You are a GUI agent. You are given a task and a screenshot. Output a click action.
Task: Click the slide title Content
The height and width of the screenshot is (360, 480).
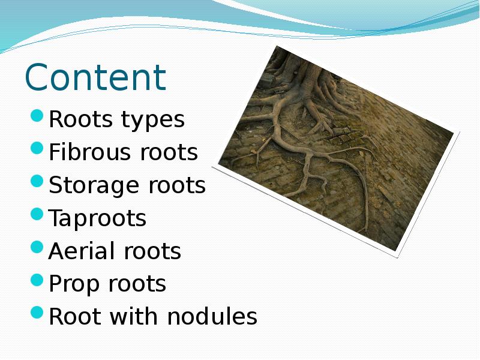[95, 77]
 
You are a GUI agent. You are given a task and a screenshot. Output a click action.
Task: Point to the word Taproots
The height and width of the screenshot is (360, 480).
[97, 219]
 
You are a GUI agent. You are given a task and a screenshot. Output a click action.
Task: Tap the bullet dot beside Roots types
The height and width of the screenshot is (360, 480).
[37, 115]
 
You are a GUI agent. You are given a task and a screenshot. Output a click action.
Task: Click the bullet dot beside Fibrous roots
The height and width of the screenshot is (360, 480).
[37, 148]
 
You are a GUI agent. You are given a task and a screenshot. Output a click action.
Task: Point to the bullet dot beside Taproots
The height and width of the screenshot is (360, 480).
[37, 214]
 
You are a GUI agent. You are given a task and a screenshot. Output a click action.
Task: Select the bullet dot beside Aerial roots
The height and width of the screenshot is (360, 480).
[37, 247]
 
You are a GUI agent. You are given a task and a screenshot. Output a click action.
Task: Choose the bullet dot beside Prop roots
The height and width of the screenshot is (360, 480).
[37, 280]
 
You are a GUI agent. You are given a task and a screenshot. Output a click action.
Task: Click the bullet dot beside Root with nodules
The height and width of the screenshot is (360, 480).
[37, 312]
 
